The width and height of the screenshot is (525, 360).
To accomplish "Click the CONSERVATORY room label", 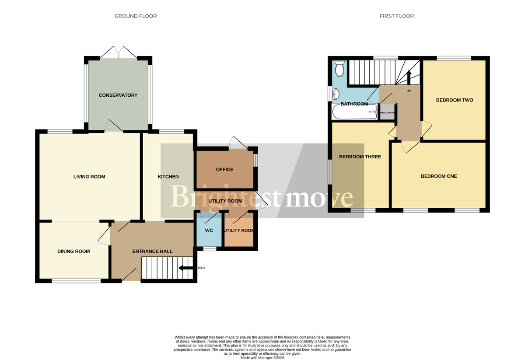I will click(x=118, y=95).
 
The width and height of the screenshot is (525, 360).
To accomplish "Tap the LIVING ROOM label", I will click(x=89, y=177).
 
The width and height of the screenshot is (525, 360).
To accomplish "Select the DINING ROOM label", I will click(x=73, y=251).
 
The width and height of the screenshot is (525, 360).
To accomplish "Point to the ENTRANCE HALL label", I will click(x=152, y=251).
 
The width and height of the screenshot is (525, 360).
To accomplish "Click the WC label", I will click(x=209, y=230).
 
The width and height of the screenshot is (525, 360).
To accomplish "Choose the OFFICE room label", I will click(x=224, y=169).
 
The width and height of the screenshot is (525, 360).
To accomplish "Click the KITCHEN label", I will click(x=168, y=177).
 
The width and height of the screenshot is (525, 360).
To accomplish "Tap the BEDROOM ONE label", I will click(x=438, y=176).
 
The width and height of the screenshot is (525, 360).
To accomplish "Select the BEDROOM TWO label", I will click(x=455, y=100).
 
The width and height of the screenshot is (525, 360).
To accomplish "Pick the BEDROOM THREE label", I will click(x=360, y=157).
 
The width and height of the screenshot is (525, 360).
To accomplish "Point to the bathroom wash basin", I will click(x=336, y=93).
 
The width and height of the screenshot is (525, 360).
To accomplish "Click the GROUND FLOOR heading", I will click(x=136, y=16).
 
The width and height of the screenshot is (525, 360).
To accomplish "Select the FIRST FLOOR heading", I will click(x=396, y=16).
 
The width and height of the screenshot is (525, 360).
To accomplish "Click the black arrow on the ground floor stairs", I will click(x=185, y=268).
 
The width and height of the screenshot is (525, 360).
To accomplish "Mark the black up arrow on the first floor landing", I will click(x=409, y=77).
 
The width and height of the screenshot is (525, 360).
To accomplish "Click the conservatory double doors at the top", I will click(x=118, y=52).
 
